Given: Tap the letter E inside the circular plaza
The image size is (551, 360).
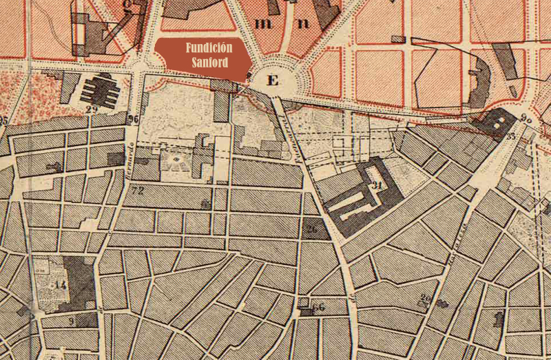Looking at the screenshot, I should click(273, 81).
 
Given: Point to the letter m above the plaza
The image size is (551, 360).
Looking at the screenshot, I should click(262, 23).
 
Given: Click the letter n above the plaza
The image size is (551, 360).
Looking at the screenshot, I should click(302, 23).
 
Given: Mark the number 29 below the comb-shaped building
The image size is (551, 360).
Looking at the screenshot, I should click(92, 109).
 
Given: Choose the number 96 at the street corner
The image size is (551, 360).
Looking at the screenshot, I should click(134, 118).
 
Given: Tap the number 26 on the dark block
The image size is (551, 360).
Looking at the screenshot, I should click(312, 230).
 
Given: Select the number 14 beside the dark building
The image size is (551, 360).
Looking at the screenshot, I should click(61, 284).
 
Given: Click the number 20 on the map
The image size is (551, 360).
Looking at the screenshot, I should click(426, 298).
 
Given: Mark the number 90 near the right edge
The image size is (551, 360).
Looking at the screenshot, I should click(526, 118).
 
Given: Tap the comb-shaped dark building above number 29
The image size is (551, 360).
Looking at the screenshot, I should click(99, 89).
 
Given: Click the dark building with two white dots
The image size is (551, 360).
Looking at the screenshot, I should click(501, 122).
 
